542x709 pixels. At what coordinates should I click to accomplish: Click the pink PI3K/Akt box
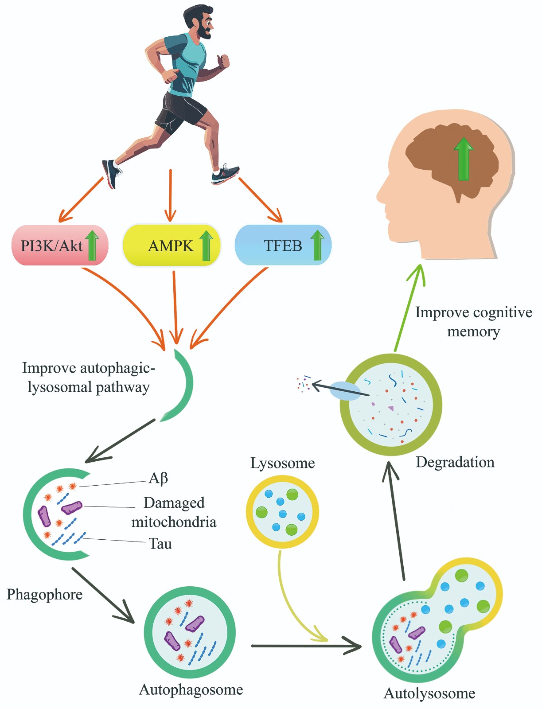pyautogui.click(x=59, y=245)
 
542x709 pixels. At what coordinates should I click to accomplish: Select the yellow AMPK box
pyautogui.click(x=171, y=245)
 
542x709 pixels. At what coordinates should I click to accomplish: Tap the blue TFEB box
pyautogui.click(x=283, y=245)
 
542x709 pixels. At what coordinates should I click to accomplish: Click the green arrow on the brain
pyautogui.click(x=464, y=159)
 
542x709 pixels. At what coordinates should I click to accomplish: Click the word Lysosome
pyautogui.click(x=282, y=463)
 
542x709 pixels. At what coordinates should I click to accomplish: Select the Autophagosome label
pyautogui.click(x=191, y=690)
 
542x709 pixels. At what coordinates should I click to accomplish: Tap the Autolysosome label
pyautogui.click(x=429, y=693)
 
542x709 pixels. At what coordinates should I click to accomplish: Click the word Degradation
pyautogui.click(x=455, y=462)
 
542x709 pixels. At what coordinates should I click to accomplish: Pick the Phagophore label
pyautogui.click(x=44, y=594)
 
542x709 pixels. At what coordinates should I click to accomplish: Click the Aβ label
pyautogui.click(x=158, y=479)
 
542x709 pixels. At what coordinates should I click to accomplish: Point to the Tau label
pyautogui.click(x=160, y=544)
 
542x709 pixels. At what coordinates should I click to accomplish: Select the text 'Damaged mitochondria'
pyautogui.click(x=174, y=512)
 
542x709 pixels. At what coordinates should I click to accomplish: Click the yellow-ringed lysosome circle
pyautogui.click(x=282, y=512)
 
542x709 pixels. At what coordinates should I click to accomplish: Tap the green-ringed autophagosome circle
pyautogui.click(x=190, y=632)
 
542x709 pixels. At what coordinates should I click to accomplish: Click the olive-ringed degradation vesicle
pyautogui.click(x=391, y=405)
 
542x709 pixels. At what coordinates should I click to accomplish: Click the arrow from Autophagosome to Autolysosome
pyautogui.click(x=306, y=646)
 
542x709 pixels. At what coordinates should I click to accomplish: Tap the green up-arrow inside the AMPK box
pyautogui.click(x=206, y=245)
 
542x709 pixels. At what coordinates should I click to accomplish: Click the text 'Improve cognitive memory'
pyautogui.click(x=473, y=322)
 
